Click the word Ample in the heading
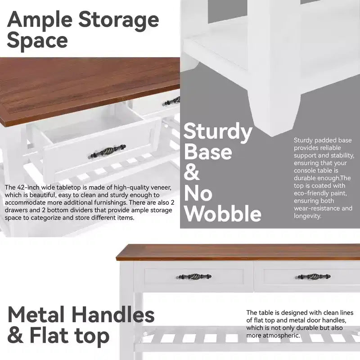(40, 21)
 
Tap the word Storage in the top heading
(119, 21)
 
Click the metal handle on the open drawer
(107, 151)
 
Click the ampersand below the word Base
(192, 172)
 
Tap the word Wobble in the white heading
(223, 213)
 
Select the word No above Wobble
(198, 193)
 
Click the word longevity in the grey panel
(307, 216)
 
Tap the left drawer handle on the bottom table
(194, 276)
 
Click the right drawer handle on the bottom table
(313, 276)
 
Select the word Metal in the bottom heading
(36, 315)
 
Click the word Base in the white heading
(208, 152)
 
